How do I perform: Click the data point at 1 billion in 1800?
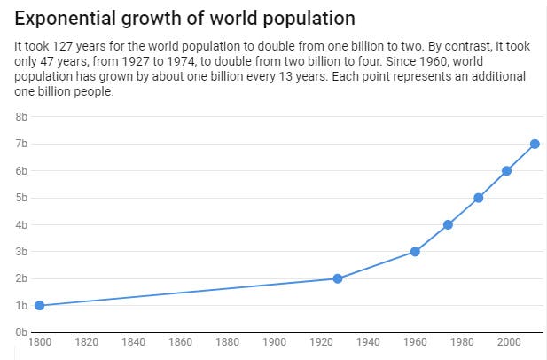tap(39, 306)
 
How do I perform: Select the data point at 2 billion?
tap(338, 278)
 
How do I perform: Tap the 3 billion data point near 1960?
tap(415, 252)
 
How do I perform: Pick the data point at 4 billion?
tap(448, 224)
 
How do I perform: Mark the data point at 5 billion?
tap(479, 198)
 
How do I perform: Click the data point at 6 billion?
tap(507, 171)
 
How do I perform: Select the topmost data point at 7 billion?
tap(535, 144)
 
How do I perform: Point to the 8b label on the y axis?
tap(21, 116)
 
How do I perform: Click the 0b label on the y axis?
tap(21, 333)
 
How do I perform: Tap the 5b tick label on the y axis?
tap(21, 198)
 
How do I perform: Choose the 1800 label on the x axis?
tap(39, 342)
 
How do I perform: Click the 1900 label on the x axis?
tap(274, 342)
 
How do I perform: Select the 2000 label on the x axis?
tap(508, 342)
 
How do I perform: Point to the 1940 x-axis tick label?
tap(368, 342)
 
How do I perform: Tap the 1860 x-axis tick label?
tap(180, 342)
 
